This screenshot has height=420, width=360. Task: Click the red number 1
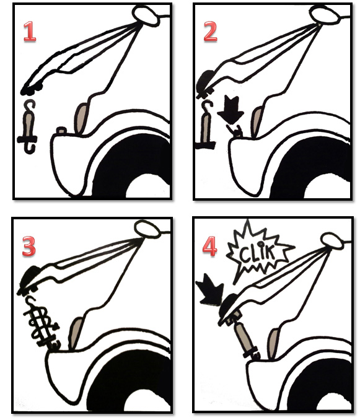(x=30, y=32)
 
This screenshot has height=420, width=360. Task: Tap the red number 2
(x=210, y=32)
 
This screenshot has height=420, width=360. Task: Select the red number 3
(x=29, y=246)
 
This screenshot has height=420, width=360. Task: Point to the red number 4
(x=209, y=246)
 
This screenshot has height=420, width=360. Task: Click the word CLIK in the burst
(x=257, y=253)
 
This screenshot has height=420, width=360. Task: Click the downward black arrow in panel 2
(x=230, y=110)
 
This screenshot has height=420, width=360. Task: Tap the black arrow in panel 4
(x=210, y=290)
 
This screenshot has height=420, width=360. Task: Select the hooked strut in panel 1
(x=28, y=126)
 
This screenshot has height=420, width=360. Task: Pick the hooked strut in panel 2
(x=206, y=125)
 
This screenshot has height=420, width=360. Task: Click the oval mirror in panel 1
(x=146, y=15)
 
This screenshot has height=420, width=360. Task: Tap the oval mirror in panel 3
(x=147, y=229)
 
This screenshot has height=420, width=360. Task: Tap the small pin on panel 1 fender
(x=61, y=131)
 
